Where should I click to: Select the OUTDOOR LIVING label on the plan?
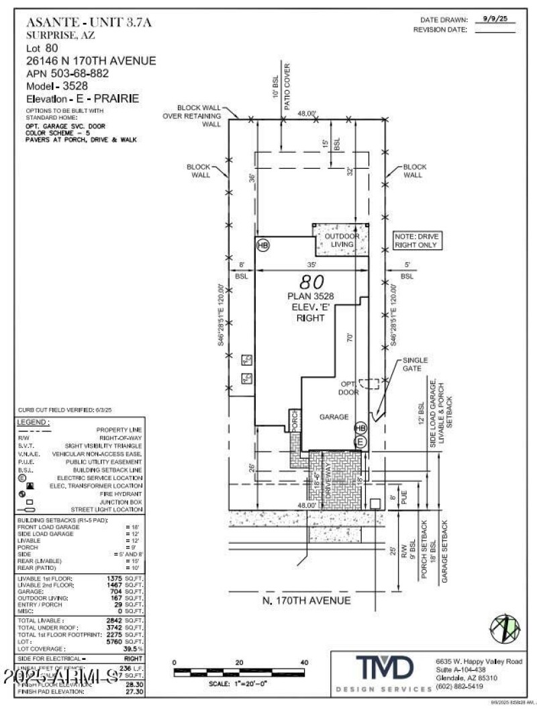tap(343, 241)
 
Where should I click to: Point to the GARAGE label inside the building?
tap(334, 417)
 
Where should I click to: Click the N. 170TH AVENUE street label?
tap(307, 600)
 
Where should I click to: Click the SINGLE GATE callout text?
tap(416, 365)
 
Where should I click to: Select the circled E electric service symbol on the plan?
tap(360, 442)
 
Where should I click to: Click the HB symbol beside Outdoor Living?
tap(262, 246)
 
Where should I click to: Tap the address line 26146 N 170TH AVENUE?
tap(91, 60)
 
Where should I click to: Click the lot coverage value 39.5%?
tap(133, 649)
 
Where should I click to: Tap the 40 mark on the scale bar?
tap(303, 663)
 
